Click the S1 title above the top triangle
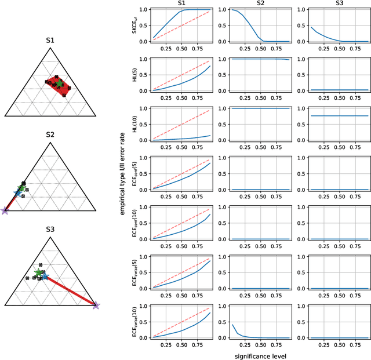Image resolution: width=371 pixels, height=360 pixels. click(x=50, y=41)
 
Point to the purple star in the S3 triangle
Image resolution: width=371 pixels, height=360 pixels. click(x=96, y=305)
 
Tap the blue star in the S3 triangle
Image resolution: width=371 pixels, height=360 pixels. click(x=44, y=277)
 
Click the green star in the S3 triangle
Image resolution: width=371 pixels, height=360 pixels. click(x=38, y=272)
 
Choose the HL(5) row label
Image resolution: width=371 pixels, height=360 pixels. click(x=134, y=74)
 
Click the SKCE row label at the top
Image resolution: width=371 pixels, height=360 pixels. click(x=134, y=24)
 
